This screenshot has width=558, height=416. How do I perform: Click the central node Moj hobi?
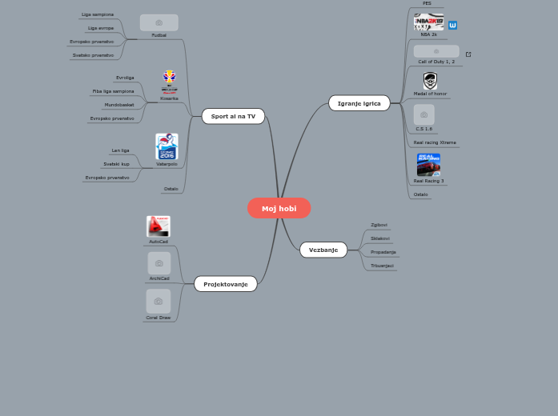279,208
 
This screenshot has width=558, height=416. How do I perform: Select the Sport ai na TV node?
233,116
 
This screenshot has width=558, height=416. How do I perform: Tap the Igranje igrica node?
359,102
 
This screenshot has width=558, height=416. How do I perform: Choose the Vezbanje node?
323,250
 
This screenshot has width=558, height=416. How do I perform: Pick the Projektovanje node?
226,284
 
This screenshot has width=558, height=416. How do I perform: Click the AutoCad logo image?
159,226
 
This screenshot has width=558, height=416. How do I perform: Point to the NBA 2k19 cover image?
429,22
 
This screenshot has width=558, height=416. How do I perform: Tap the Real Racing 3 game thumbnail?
428,164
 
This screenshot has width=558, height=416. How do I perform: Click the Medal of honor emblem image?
430,81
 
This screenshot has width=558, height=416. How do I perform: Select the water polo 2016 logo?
167,146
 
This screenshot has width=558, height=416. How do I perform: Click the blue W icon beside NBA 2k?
453,26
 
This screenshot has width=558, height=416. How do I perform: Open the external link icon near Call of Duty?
468,54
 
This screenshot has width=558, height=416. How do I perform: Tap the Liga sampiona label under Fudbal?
98,14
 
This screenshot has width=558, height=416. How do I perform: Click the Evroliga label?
125,78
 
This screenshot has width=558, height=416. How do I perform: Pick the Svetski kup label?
116,164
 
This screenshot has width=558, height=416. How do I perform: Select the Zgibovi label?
379,225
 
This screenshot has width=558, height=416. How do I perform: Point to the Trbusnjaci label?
383,266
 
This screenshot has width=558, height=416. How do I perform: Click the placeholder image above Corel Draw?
159,301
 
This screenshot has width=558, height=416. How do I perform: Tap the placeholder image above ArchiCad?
159,263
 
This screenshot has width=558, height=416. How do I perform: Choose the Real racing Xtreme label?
435,142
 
